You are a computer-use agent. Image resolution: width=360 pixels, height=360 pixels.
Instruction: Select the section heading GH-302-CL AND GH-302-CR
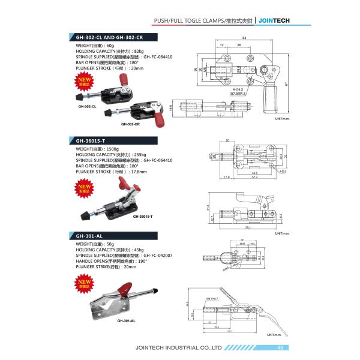(x=109, y=37)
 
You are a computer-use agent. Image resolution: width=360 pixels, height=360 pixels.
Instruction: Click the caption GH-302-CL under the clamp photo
(x=87, y=106)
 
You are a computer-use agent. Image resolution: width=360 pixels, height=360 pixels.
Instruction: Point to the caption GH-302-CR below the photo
(x=130, y=124)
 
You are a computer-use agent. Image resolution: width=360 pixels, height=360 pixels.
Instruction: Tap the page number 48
(x=280, y=347)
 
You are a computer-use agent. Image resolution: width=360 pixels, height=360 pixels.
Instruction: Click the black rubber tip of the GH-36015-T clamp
(x=85, y=214)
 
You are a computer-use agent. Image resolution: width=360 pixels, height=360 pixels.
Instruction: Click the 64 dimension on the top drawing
(x=245, y=38)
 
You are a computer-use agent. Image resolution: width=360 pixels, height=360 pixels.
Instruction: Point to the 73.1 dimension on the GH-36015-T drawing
(x=247, y=228)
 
